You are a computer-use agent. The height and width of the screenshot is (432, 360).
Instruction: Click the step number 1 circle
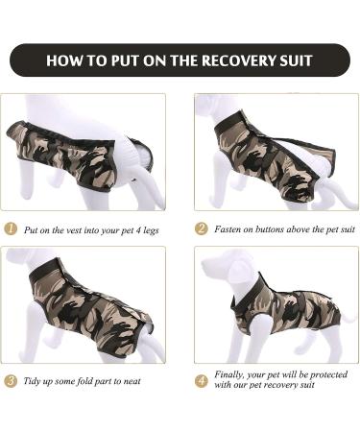click(x=11, y=229)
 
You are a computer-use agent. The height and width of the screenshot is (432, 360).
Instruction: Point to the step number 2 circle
click(x=202, y=229)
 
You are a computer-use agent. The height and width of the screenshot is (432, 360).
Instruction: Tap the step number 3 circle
click(x=11, y=381)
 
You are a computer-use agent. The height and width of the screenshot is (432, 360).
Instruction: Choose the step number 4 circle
click(x=202, y=381)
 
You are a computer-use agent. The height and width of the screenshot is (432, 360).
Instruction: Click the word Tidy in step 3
click(x=35, y=381)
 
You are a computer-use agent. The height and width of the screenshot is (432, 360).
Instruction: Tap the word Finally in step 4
click(x=231, y=375)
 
